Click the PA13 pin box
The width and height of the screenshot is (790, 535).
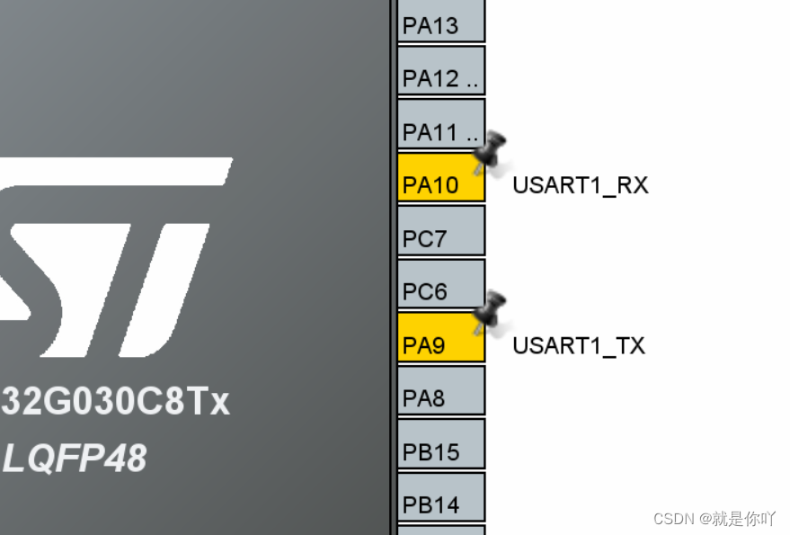coord(440,22)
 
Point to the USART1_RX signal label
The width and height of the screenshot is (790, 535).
coord(580,185)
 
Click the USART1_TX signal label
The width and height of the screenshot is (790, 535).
coord(579,345)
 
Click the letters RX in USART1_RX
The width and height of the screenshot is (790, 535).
coord(633,185)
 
